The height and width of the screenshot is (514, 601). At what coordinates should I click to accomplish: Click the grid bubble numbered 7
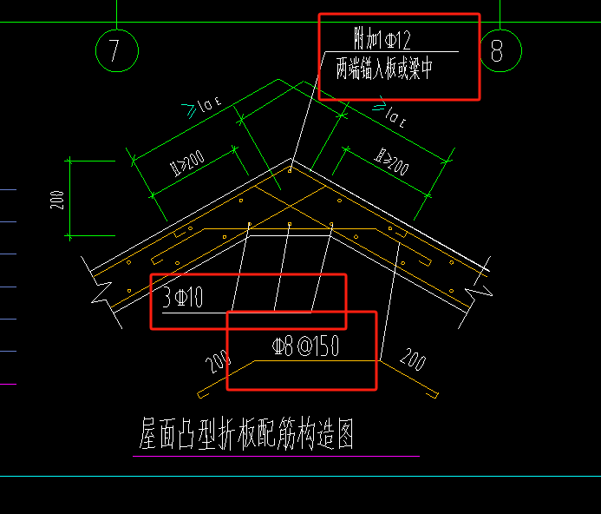[116, 49]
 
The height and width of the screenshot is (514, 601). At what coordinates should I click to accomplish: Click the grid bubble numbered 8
[497, 49]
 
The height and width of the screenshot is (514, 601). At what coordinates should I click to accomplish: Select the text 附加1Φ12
[382, 39]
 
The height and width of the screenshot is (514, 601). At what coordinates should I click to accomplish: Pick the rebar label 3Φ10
[183, 299]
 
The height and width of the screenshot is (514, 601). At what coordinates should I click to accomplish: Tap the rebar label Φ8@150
[305, 347]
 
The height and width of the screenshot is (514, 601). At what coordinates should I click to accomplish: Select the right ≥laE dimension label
[390, 111]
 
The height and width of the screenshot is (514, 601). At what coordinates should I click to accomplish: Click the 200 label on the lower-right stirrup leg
[414, 359]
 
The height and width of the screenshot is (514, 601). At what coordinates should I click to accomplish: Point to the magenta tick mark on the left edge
[8, 383]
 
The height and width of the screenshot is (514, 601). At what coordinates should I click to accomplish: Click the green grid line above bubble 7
[116, 13]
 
